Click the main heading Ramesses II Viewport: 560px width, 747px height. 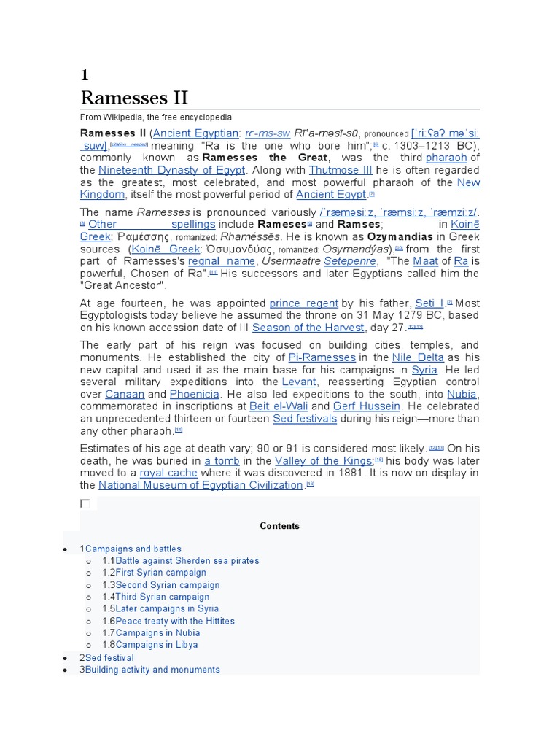tap(134, 98)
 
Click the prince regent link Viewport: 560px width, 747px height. tap(303, 303)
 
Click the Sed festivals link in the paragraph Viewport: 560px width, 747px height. tap(304, 419)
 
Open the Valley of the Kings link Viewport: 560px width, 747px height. tap(324, 461)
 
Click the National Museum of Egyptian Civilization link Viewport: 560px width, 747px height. tap(201, 485)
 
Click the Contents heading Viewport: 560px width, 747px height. tap(279, 526)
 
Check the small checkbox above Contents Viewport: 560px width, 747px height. tap(85, 503)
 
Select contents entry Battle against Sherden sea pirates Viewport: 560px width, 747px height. tap(187, 561)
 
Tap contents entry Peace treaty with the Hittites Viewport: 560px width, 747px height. tap(175, 621)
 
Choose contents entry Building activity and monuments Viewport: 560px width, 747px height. tap(152, 669)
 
